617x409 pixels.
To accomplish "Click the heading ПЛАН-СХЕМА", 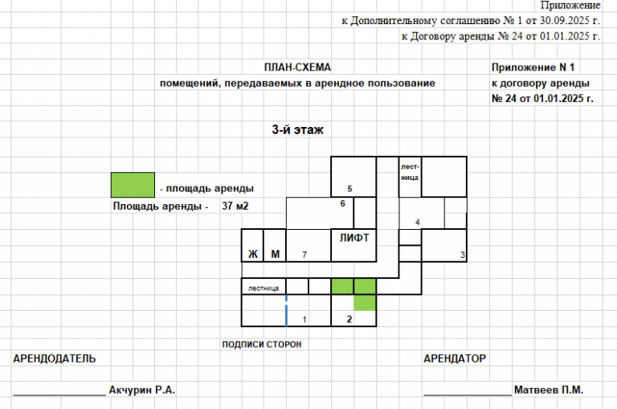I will pyautogui.click(x=297, y=67).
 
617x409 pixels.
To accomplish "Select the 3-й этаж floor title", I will pyautogui.click(x=297, y=129).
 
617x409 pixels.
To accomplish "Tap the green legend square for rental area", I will pyautogui.click(x=133, y=185).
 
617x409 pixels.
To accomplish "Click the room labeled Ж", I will pyautogui.click(x=252, y=255).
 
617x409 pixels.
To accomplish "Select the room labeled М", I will pyautogui.click(x=275, y=255).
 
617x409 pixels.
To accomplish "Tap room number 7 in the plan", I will pyautogui.click(x=304, y=255).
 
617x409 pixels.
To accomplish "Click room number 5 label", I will pyautogui.click(x=349, y=189).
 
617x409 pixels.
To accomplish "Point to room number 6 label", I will pyautogui.click(x=342, y=204).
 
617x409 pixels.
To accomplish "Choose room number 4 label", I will pyautogui.click(x=417, y=222).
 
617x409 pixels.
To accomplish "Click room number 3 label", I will pyautogui.click(x=462, y=255).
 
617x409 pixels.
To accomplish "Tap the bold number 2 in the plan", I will pyautogui.click(x=349, y=319).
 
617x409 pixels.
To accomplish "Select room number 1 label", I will pyautogui.click(x=304, y=320).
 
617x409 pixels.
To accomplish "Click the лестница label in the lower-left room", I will pyautogui.click(x=264, y=287).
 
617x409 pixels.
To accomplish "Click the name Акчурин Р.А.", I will pyautogui.click(x=141, y=390).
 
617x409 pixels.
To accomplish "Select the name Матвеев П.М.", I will pyautogui.click(x=550, y=390).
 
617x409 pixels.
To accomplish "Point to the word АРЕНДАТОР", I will pyautogui.click(x=455, y=358).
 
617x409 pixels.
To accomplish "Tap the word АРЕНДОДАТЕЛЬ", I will pyautogui.click(x=55, y=358).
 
